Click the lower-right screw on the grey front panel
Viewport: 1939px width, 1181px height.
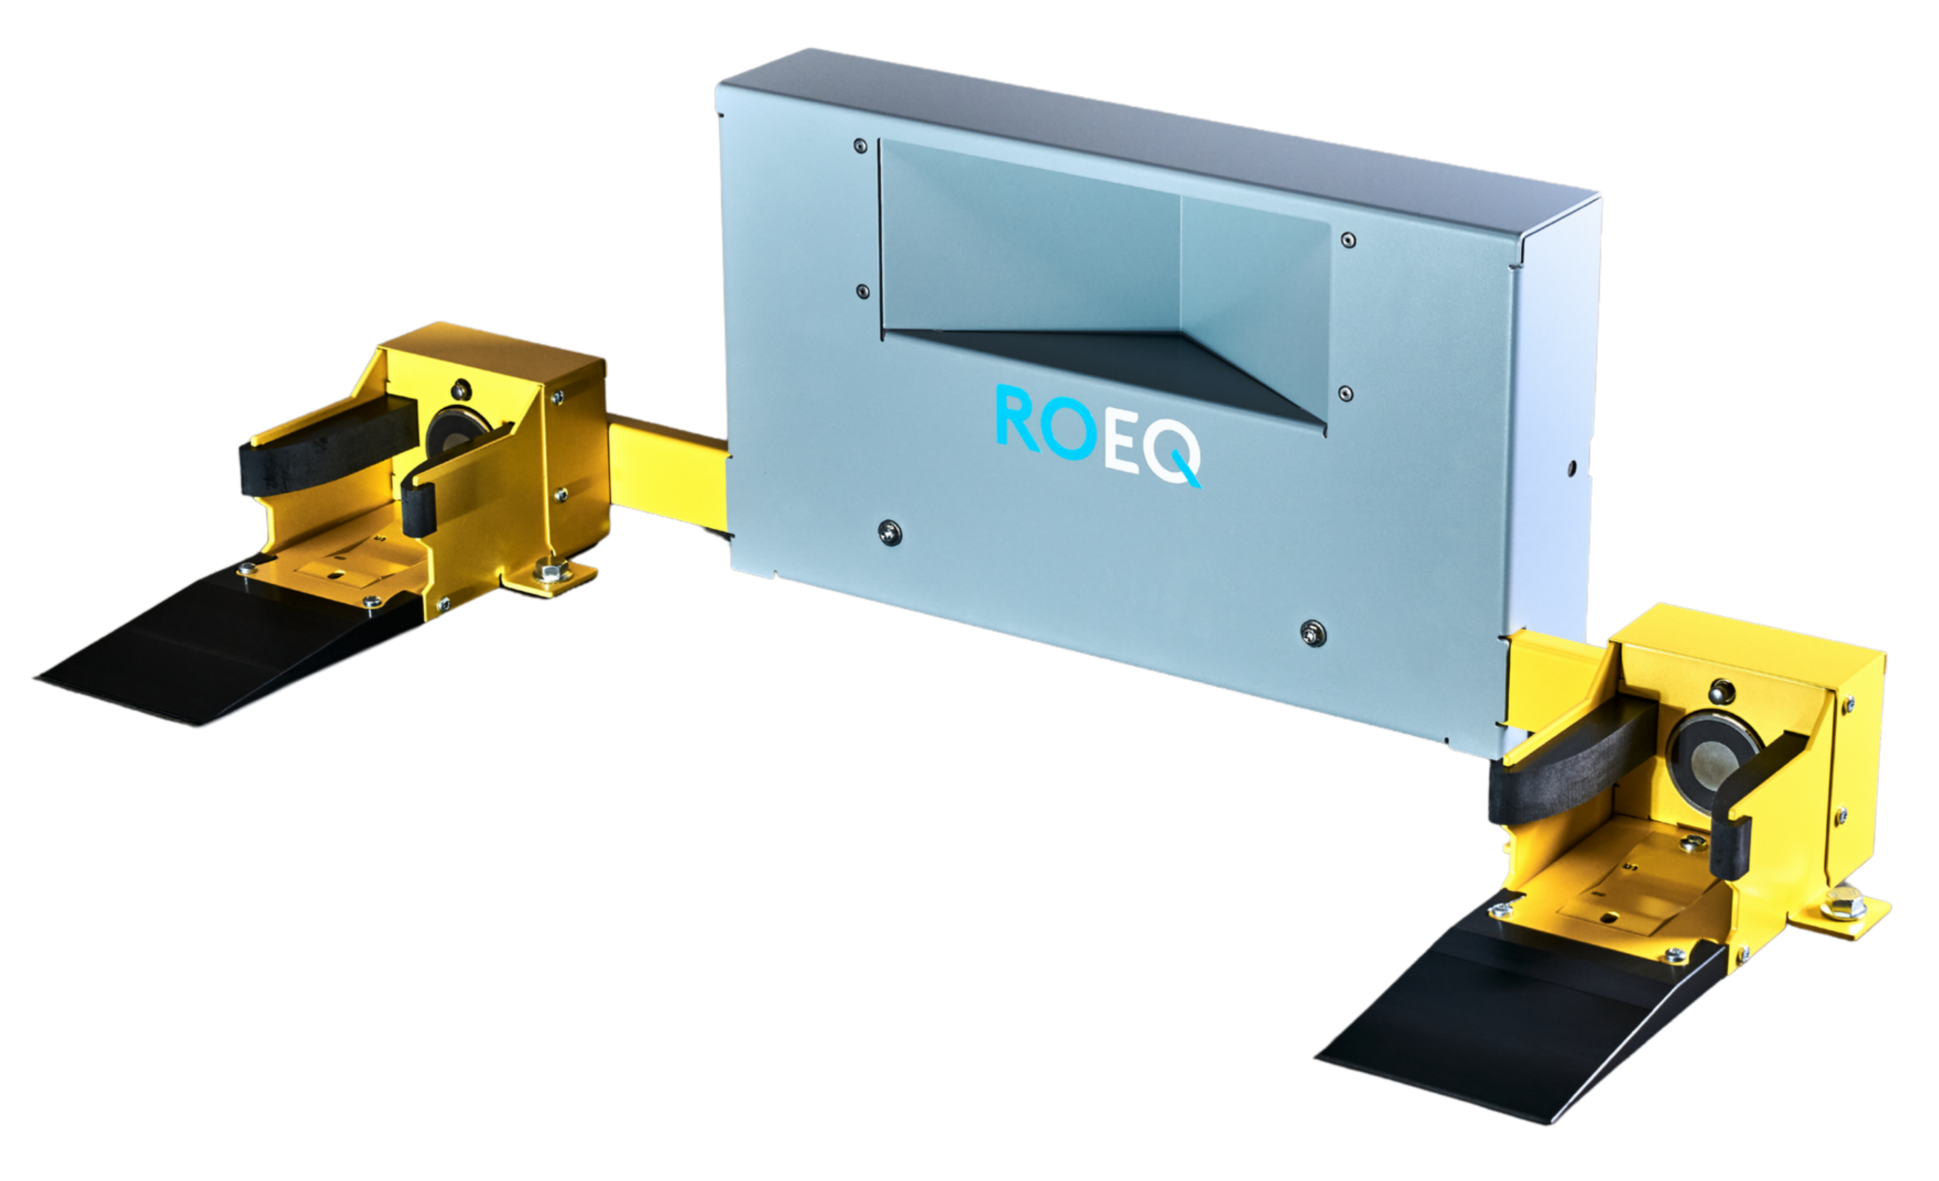[x=1312, y=633]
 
